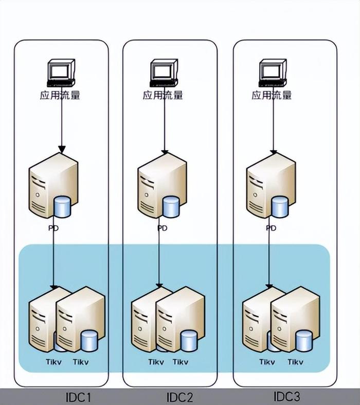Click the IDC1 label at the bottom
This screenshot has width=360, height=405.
(78, 397)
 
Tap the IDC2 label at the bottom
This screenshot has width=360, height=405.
(179, 397)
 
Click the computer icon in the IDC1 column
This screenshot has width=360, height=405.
(61, 73)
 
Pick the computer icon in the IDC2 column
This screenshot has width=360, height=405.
(164, 73)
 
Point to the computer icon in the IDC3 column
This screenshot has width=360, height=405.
(273, 73)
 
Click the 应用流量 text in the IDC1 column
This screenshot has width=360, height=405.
(60, 95)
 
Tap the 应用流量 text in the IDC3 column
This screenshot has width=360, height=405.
(272, 95)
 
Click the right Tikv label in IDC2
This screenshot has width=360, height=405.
(180, 362)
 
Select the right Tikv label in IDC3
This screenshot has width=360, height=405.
(295, 362)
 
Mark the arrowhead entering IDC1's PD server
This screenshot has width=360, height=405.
(62, 150)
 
